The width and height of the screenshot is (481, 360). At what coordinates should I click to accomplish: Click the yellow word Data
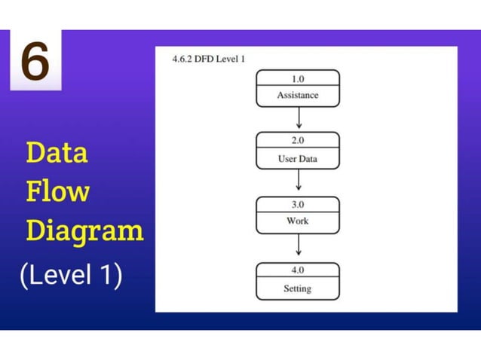click(x=57, y=153)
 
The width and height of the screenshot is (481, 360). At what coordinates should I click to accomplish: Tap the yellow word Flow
click(x=57, y=191)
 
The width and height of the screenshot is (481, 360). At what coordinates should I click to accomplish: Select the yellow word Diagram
click(x=84, y=230)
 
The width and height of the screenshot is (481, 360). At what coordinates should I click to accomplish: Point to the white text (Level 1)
click(x=71, y=275)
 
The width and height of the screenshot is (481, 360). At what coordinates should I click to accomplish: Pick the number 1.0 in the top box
click(x=298, y=78)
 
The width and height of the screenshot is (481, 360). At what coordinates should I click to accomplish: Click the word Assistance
click(x=298, y=96)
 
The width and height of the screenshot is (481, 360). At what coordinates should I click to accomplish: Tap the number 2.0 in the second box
click(x=298, y=140)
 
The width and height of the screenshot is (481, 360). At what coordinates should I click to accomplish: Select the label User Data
click(x=298, y=159)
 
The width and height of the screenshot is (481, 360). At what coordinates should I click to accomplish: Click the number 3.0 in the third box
click(x=298, y=204)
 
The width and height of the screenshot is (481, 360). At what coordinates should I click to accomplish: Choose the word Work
click(x=298, y=221)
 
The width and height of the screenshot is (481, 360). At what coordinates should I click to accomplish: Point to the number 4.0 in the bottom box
click(x=298, y=270)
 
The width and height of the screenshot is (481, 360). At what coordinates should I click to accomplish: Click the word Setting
click(x=298, y=288)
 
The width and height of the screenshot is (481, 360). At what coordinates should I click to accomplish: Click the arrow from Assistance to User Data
click(x=299, y=118)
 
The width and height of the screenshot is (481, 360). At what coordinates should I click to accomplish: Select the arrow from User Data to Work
click(x=299, y=181)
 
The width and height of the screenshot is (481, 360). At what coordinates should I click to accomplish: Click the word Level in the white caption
click(x=60, y=275)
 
